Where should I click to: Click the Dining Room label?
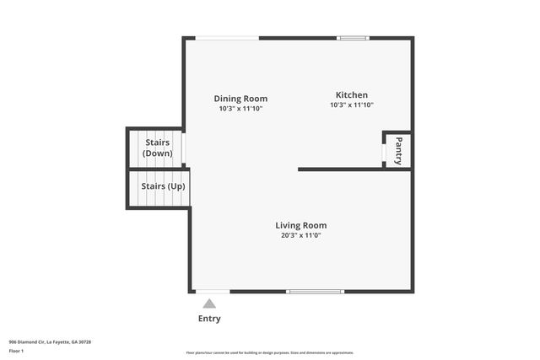[x=240, y=99]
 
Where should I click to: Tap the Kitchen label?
[x=351, y=95]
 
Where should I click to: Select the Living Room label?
[x=300, y=225]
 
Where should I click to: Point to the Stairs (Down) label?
[x=158, y=148]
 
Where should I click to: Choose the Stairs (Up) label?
[x=163, y=185]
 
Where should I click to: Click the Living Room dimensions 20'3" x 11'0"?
[x=300, y=235]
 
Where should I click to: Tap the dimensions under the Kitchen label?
[x=351, y=105]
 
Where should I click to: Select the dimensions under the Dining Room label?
[x=240, y=109]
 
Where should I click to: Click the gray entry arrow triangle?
[x=209, y=303]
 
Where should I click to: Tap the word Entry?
[x=209, y=319]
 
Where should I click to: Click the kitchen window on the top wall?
[x=353, y=38]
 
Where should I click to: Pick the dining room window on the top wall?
[x=227, y=38]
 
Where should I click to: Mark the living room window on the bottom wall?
[x=315, y=292]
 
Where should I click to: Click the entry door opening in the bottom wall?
[x=212, y=292]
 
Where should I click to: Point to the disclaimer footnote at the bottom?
[x=269, y=352]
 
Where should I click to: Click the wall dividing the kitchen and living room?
[x=354, y=169]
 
